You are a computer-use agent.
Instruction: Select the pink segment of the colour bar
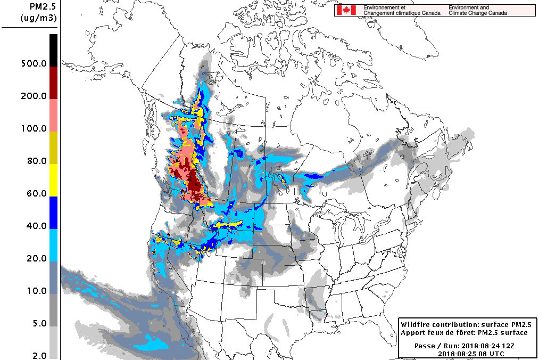(x=53, y=115)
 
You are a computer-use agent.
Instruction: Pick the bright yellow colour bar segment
(x=53, y=180)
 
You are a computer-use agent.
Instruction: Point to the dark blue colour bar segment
(x=53, y=212)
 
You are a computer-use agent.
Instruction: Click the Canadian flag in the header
(x=346, y=10)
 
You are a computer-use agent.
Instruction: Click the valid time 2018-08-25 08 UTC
(x=471, y=354)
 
